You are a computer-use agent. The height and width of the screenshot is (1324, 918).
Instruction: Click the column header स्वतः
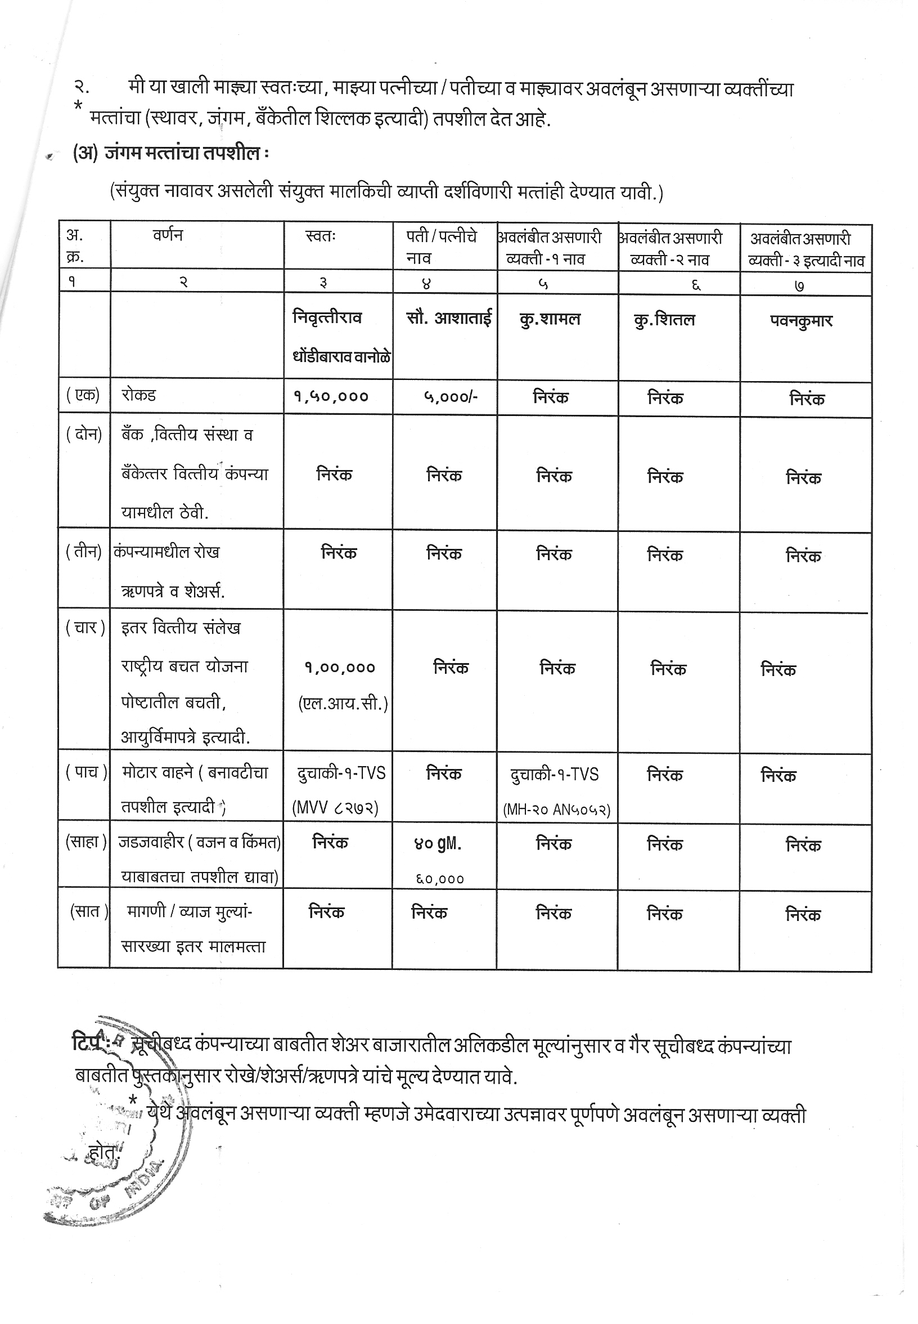pos(321,236)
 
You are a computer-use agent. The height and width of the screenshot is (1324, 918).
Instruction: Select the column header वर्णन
pos(168,235)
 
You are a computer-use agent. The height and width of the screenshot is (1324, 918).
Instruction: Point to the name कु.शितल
pos(664,320)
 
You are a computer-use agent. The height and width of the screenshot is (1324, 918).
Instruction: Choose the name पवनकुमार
pos(801,321)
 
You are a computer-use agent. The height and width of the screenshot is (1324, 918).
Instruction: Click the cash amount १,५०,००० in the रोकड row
pos(331,397)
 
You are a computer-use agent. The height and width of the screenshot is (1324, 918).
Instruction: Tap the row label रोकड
pos(138,396)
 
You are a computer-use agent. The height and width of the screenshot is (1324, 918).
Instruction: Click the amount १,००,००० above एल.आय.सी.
pos(339,668)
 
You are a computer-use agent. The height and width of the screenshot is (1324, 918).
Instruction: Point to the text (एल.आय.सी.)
pos(343,704)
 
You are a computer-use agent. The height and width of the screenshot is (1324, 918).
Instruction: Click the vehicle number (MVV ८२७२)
pos(335,808)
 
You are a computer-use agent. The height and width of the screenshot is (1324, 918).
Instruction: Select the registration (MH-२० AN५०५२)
pos(556,810)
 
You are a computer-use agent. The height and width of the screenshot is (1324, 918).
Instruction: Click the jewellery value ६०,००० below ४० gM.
pos(440,879)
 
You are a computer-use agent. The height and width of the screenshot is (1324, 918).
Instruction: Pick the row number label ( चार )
pos(84,628)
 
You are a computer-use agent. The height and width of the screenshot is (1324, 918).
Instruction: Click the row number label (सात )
pos(88,911)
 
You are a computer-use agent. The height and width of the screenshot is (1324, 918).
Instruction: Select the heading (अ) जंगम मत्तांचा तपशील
pos(170,154)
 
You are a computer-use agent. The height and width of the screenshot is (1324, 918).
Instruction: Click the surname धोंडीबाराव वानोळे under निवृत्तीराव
pos(341,357)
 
